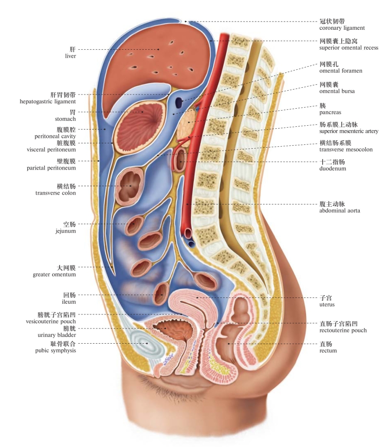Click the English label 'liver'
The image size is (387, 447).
tap(71, 56)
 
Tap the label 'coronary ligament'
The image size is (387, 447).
tap(342, 28)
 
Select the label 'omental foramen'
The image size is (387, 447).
tap(341, 71)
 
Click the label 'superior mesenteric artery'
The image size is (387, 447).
tap(348, 131)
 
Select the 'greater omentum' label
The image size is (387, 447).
tap(55, 274)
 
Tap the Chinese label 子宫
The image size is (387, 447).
tap(326, 297)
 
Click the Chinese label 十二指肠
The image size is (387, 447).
tap(329, 162)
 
